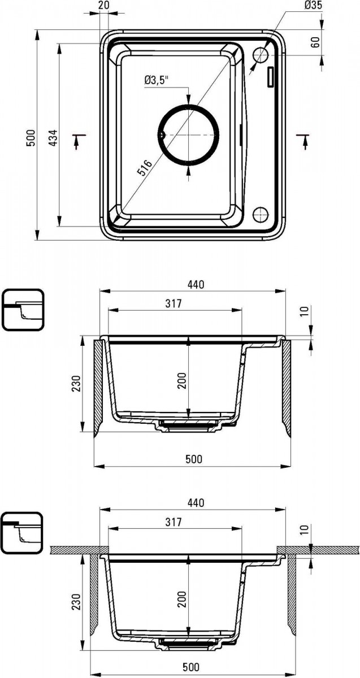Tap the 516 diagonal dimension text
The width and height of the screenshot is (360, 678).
(145, 168)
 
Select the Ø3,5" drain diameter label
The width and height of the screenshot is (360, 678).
(156, 80)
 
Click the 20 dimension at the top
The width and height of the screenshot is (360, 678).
(103, 5)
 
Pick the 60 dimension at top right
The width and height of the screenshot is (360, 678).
(315, 42)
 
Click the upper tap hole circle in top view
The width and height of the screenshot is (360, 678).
(261, 55)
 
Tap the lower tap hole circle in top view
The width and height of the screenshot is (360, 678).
(261, 215)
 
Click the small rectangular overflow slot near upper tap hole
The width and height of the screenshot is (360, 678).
(270, 77)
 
